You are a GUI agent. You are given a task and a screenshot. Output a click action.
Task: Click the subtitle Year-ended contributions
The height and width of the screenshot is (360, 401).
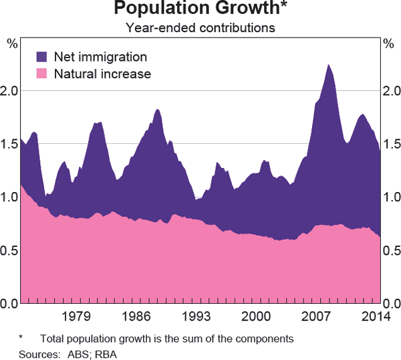200,28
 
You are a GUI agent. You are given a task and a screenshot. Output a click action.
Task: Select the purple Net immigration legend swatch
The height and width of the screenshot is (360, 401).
42,57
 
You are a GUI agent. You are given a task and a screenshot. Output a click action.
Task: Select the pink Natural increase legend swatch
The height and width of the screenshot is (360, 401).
42,74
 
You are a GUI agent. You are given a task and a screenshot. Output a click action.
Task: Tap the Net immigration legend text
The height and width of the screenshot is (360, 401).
100,57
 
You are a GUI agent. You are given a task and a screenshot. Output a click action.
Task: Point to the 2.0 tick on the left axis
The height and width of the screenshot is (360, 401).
9,90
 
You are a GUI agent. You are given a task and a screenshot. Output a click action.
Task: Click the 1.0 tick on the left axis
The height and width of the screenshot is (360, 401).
9,197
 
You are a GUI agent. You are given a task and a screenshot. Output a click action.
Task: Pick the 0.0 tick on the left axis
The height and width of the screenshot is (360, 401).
9,304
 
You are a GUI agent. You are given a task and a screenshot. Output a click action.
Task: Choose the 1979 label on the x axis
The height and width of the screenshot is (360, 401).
76,316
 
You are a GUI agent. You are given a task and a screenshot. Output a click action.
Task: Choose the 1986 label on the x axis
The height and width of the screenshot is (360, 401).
136,316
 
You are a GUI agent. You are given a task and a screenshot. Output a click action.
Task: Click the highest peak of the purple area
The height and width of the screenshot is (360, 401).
328,66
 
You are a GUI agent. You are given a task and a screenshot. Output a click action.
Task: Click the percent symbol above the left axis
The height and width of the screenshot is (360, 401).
11,44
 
